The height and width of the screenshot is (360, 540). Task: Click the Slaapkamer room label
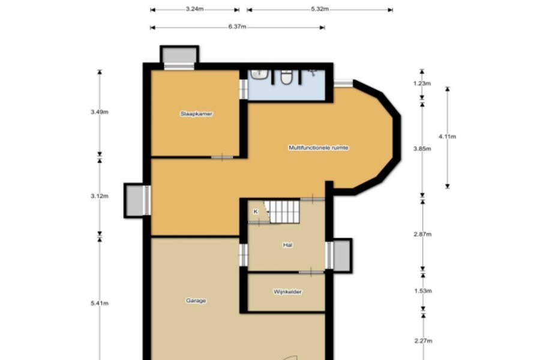(196, 113)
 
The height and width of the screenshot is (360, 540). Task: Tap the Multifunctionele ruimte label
(319, 148)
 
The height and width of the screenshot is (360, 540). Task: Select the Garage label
(196, 301)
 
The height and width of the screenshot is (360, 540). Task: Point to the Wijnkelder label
(287, 292)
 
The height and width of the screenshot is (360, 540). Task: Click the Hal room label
(287, 245)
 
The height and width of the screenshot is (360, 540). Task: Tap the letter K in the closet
(256, 212)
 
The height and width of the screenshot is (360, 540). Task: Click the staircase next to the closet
(284, 212)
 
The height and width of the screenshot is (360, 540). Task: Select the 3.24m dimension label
(194, 9)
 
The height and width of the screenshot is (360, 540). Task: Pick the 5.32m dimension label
(320, 9)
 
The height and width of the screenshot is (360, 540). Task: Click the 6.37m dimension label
(237, 26)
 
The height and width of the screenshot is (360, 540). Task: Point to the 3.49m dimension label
(100, 112)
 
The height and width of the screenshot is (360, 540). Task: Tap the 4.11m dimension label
(448, 136)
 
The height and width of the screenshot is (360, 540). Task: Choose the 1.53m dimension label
(423, 291)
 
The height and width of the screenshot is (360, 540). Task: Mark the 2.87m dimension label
(422, 234)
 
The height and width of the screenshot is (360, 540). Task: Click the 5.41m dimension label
(100, 303)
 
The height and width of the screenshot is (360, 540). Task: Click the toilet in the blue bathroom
(287, 77)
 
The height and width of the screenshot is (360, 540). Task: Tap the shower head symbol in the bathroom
(313, 73)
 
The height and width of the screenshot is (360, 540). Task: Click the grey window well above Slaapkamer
(179, 55)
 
